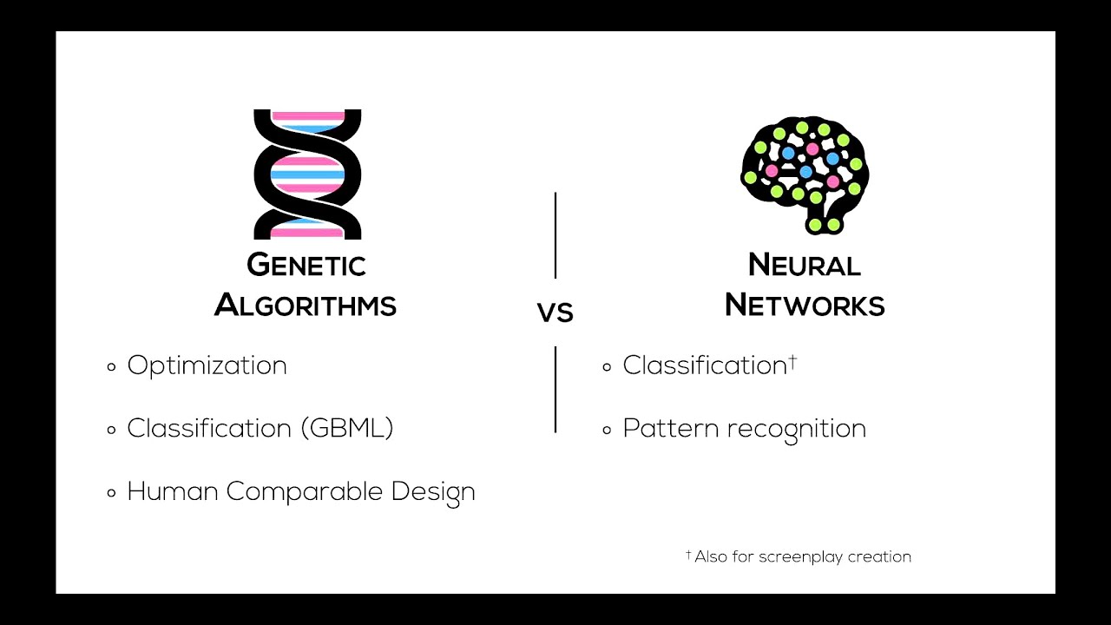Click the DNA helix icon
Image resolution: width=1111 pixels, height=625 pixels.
[x=306, y=174]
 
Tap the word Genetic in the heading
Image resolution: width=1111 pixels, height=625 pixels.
[x=306, y=265]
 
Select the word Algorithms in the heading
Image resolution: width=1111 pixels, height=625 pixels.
[x=306, y=306]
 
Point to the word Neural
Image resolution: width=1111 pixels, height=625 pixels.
[x=804, y=265]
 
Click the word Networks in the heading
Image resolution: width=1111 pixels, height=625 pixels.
[x=805, y=306]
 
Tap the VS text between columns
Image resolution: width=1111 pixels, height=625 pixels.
[x=555, y=312]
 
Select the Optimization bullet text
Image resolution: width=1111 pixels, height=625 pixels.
[x=207, y=365]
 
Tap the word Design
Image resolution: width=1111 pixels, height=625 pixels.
[x=433, y=492]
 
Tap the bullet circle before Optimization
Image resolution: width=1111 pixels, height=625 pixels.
[x=111, y=367]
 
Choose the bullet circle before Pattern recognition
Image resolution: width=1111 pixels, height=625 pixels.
[x=607, y=431]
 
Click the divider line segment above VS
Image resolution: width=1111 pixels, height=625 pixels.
[x=555, y=234]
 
